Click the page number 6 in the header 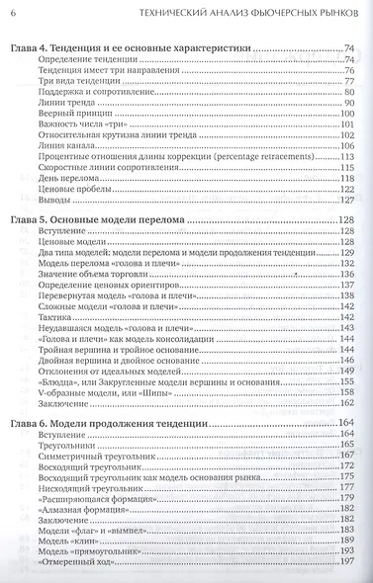pyautogui.click(x=13, y=12)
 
